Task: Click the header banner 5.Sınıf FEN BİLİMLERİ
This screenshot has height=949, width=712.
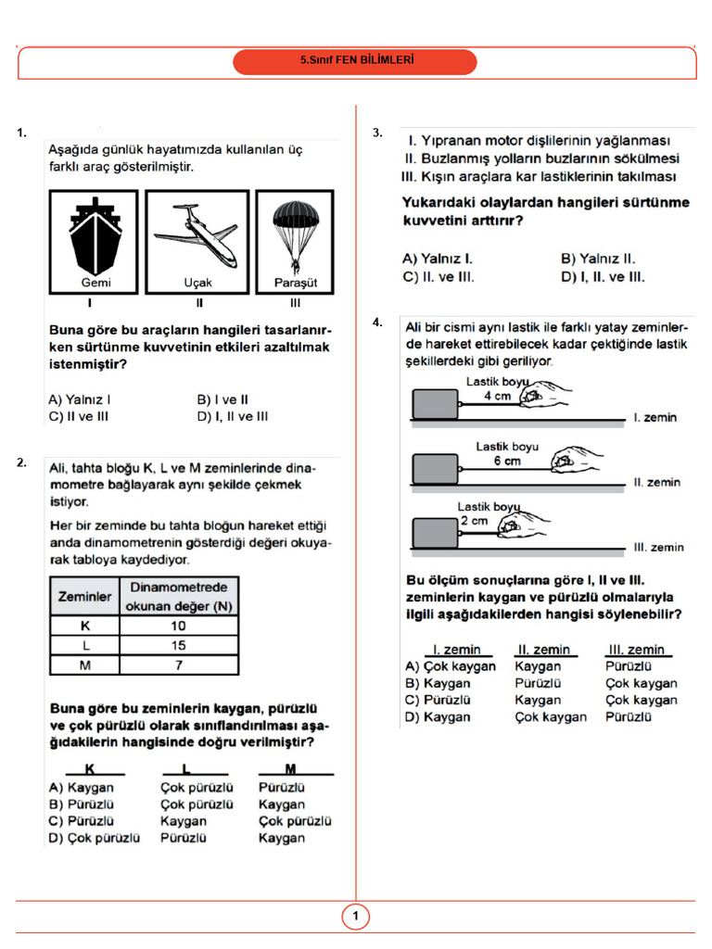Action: click(x=355, y=62)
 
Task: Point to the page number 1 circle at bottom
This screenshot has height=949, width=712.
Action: click(x=355, y=917)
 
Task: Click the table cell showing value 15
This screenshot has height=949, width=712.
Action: click(x=178, y=645)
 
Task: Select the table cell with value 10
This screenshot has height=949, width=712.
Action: click(x=178, y=626)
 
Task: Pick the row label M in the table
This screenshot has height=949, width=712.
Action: click(x=84, y=664)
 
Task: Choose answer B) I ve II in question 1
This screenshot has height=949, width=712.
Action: click(x=222, y=399)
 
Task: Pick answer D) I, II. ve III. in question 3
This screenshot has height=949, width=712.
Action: click(x=603, y=276)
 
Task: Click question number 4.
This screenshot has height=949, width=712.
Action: click(x=377, y=323)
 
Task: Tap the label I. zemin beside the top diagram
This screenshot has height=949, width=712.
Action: click(x=655, y=418)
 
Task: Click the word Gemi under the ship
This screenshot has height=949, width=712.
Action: click(x=95, y=283)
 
